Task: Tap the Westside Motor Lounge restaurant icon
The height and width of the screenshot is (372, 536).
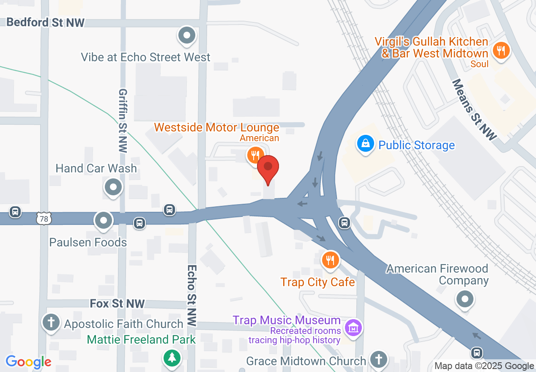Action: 254,155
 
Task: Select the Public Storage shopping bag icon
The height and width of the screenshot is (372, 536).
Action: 366,144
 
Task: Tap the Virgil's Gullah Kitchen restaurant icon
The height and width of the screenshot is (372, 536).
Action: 501,51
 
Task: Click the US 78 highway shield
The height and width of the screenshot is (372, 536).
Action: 44,218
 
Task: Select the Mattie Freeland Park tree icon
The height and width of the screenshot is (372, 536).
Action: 172,358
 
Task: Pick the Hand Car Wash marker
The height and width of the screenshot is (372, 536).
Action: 113,186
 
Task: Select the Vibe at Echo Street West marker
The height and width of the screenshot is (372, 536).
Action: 186,36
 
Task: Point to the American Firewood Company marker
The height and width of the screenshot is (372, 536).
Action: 465,299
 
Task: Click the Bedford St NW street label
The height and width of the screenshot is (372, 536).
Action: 46,22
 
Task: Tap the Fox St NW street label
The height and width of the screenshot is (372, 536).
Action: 117,304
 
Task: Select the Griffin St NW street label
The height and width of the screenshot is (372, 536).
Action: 123,120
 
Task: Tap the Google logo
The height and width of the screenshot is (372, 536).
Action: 28,362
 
